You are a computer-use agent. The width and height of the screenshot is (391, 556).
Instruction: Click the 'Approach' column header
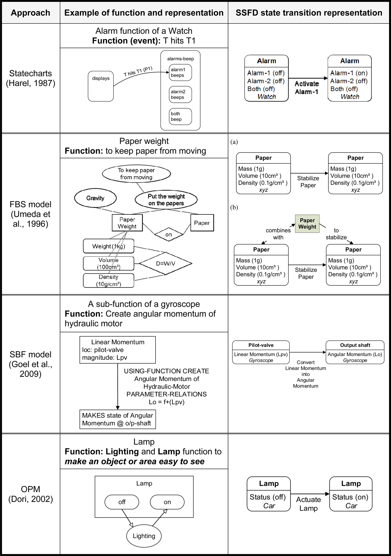pyautogui.click(x=30, y=13)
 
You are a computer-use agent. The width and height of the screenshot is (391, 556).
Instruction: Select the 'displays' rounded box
pyautogui.click(x=101, y=86)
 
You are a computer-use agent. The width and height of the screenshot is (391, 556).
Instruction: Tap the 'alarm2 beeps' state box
pyautogui.click(x=180, y=95)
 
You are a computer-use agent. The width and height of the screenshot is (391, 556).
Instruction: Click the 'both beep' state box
pyautogui.click(x=180, y=116)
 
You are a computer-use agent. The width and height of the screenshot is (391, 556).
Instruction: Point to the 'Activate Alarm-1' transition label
pyautogui.click(x=307, y=88)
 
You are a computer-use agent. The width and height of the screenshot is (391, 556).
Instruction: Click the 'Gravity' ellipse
pyautogui.click(x=95, y=198)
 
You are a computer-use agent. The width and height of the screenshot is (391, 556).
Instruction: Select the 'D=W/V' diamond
pyautogui.click(x=165, y=263)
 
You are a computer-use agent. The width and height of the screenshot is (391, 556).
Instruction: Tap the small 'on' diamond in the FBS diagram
pyautogui.click(x=168, y=235)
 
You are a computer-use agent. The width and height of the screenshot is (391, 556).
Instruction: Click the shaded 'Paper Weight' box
pyautogui.click(x=307, y=223)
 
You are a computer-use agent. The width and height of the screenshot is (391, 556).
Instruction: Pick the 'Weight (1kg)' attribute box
pyautogui.click(x=109, y=246)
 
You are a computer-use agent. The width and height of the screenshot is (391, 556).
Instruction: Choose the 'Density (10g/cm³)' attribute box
pyautogui.click(x=109, y=280)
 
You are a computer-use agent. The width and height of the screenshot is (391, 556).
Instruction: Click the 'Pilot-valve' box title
pyautogui.click(x=261, y=345)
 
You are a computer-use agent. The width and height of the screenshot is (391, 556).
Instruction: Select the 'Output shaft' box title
pyautogui.click(x=355, y=345)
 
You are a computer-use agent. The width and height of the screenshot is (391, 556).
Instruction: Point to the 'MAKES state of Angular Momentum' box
pyautogui.click(x=118, y=419)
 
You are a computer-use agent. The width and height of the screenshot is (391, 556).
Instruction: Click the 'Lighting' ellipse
pyautogui.click(x=144, y=536)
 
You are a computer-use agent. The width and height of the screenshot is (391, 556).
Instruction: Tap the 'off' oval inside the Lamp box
pyautogui.click(x=122, y=502)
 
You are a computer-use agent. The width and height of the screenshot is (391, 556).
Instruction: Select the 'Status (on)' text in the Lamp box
pyautogui.click(x=350, y=497)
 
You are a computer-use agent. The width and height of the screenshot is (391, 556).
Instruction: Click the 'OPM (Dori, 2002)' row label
pyautogui.click(x=30, y=494)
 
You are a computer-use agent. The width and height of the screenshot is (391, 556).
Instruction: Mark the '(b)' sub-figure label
pyautogui.click(x=234, y=207)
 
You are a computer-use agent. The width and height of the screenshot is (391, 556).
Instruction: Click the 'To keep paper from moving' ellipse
pyautogui.click(x=136, y=174)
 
